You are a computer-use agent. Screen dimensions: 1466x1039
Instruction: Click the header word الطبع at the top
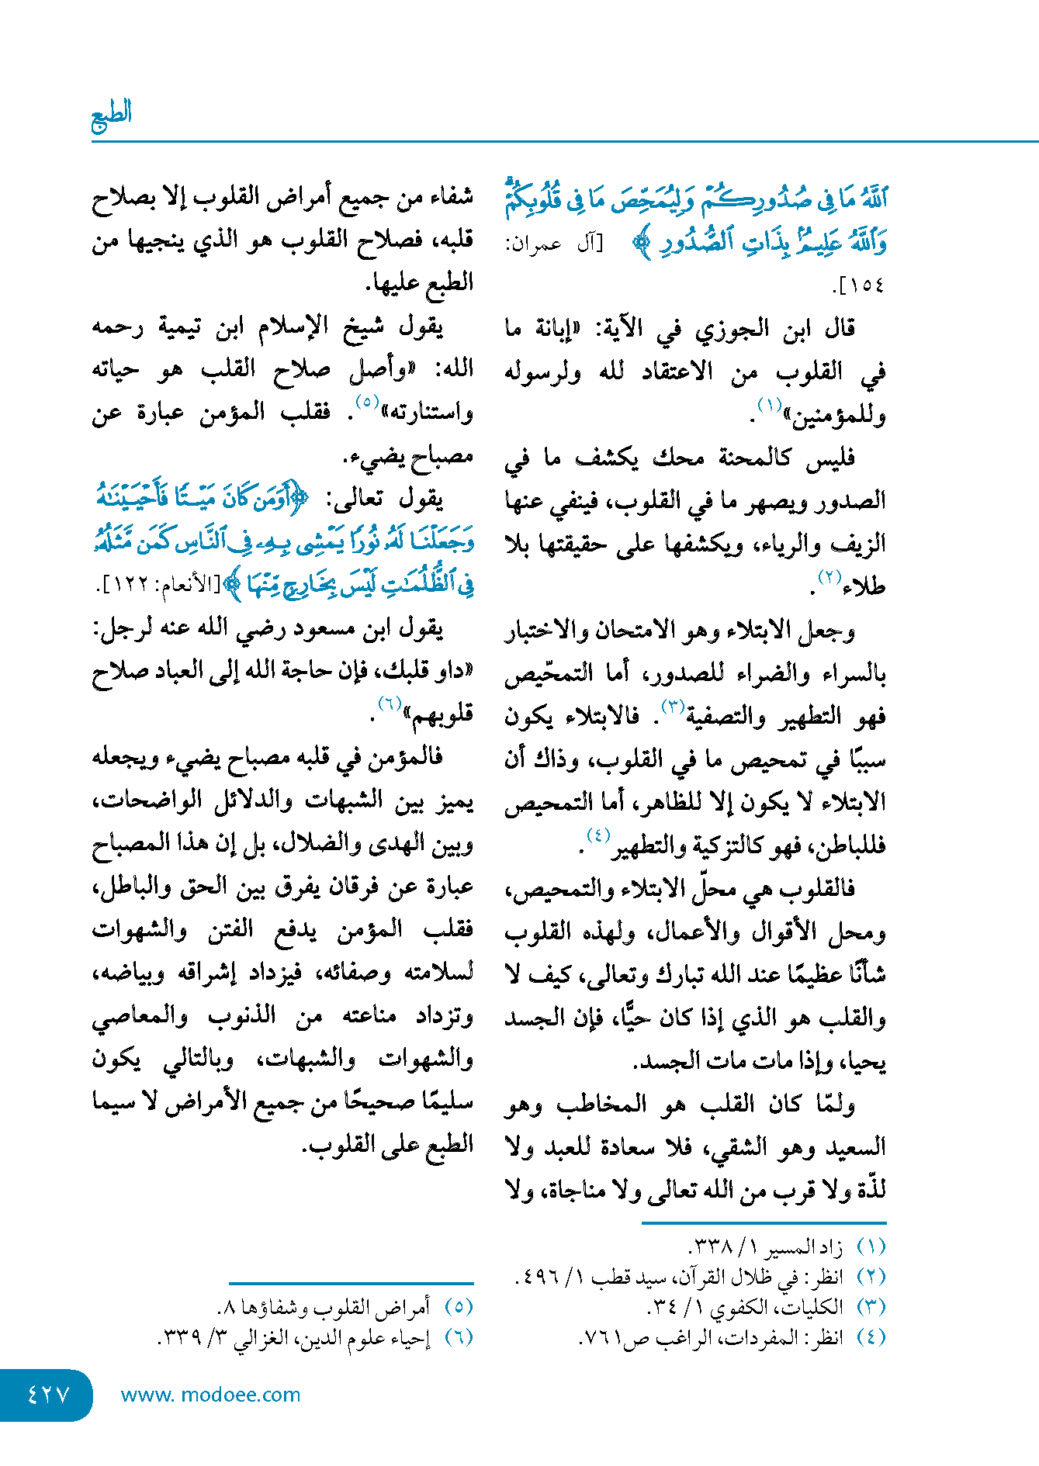112,114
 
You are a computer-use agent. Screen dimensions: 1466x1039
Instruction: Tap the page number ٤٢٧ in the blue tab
48,1395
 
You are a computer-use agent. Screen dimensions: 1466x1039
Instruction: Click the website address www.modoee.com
210,1395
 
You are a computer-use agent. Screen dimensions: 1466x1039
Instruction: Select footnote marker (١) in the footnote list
871,1247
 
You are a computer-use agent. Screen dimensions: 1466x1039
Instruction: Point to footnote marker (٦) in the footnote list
459,1337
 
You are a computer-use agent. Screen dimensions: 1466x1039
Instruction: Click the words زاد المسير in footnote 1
804,1247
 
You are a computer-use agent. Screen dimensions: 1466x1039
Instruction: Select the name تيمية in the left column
180,327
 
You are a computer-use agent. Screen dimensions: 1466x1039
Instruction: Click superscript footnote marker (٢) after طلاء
830,576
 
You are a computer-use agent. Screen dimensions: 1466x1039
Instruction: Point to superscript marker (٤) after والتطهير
598,835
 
